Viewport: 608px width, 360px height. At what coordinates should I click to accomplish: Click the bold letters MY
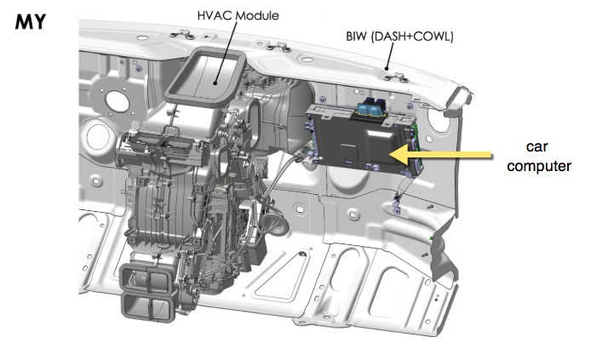click(x=31, y=21)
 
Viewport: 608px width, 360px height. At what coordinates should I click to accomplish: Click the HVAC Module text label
click(x=238, y=15)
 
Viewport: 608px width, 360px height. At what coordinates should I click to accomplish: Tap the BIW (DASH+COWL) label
click(x=399, y=37)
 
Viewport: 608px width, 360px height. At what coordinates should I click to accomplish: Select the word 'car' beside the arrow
click(x=536, y=146)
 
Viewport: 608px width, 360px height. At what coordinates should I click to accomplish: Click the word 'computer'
click(x=538, y=166)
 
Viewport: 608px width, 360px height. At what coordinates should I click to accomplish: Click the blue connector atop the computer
click(x=372, y=106)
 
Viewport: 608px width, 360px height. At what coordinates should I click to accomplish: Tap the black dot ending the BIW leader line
click(x=387, y=69)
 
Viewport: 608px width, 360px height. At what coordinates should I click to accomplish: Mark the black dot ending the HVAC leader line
click(x=215, y=82)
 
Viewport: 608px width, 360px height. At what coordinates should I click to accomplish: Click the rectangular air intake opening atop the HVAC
click(x=205, y=77)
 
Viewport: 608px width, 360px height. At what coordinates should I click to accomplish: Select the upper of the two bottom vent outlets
click(x=147, y=278)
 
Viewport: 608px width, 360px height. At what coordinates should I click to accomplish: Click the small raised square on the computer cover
click(x=348, y=151)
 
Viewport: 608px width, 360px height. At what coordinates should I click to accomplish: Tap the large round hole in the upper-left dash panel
click(x=117, y=101)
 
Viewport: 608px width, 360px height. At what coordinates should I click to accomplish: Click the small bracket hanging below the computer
click(x=396, y=204)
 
